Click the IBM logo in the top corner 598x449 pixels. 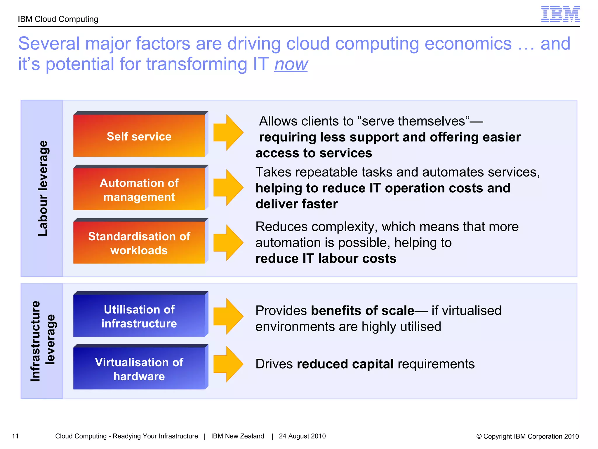[x=560, y=14]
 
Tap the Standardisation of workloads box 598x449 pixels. [x=139, y=243]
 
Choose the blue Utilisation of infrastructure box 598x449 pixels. [x=139, y=316]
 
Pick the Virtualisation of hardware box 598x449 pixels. [x=139, y=369]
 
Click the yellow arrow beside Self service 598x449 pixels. [x=228, y=132]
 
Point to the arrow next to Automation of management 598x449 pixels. [x=228, y=187]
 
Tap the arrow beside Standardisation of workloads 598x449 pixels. [x=228, y=242]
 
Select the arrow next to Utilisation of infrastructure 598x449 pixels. [x=228, y=316]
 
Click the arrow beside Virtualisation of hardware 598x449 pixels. [x=228, y=364]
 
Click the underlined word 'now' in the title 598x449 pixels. [x=291, y=64]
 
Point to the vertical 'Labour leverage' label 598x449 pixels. [x=43, y=188]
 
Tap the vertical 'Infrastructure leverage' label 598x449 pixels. [x=43, y=341]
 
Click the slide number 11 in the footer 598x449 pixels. [x=15, y=436]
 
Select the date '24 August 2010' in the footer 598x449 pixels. [x=302, y=436]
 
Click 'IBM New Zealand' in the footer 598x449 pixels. [x=237, y=436]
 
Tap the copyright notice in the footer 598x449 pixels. [x=527, y=436]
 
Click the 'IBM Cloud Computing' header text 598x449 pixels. [x=58, y=19]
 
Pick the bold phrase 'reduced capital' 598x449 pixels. [x=345, y=364]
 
